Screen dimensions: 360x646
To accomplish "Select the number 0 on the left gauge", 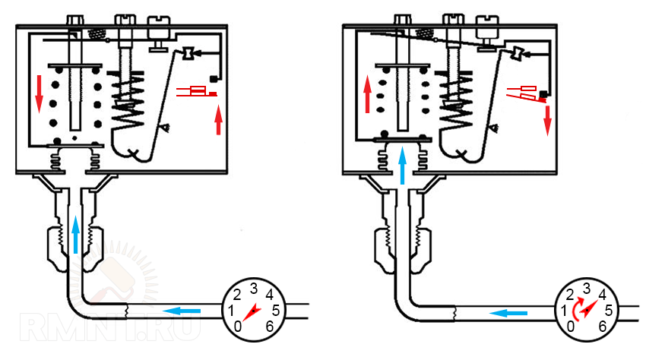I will click(239, 326).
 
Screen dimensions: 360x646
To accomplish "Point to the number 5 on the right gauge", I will click(608, 310).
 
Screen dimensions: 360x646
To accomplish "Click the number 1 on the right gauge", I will click(564, 310).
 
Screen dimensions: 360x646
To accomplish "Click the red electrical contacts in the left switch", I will click(197, 92).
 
